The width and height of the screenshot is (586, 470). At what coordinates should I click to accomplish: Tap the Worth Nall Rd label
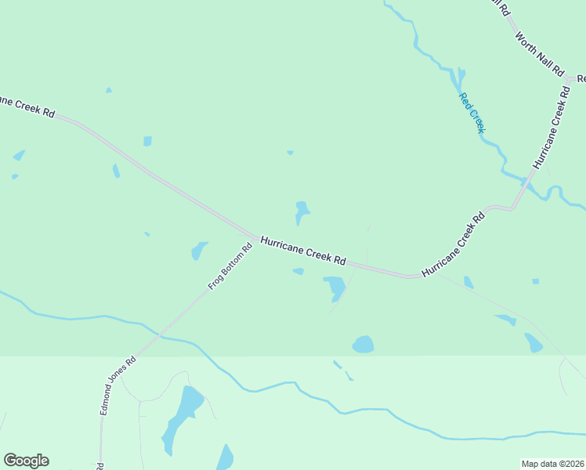click(x=540, y=54)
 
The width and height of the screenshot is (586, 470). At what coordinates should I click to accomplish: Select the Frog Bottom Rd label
click(x=230, y=267)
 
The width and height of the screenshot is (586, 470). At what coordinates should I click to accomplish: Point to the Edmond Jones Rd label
click(x=118, y=386)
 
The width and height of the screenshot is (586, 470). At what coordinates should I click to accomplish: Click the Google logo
click(x=26, y=461)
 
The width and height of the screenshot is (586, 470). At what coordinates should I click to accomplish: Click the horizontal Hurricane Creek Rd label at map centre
click(x=303, y=250)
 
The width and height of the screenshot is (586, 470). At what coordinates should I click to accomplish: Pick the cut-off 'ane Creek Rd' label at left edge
click(x=27, y=107)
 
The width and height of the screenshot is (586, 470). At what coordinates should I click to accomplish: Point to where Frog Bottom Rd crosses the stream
click(x=161, y=336)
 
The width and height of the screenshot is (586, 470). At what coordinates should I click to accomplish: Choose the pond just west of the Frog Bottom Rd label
click(x=199, y=250)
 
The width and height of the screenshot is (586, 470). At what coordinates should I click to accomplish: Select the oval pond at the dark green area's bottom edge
click(x=363, y=344)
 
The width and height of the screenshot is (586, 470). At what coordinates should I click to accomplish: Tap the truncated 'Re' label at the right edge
click(x=581, y=79)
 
